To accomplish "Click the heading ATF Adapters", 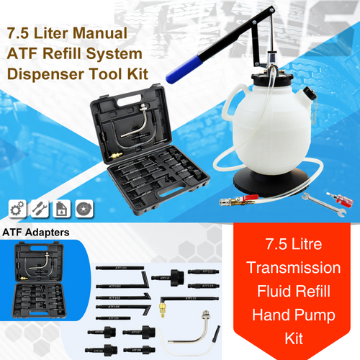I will coord(37,233).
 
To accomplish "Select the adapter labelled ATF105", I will coord(113,317).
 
